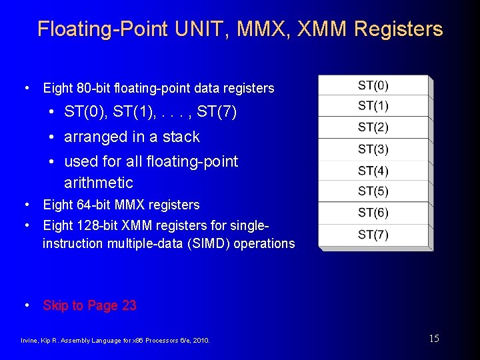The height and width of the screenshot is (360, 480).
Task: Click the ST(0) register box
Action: pos(373,85)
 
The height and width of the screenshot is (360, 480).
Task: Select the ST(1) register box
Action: pos(373,106)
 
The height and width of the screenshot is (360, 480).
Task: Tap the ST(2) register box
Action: pos(373,127)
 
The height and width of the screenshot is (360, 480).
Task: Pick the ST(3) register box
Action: pos(373,149)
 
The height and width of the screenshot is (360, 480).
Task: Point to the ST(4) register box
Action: pos(373,171)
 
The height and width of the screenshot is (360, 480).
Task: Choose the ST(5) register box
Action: pos(373,191)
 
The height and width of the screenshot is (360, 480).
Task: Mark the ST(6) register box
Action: pos(373,213)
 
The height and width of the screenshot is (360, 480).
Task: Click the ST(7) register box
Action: pos(373,235)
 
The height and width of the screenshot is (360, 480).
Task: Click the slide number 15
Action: pos(433,339)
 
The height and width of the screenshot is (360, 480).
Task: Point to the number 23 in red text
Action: pos(129,305)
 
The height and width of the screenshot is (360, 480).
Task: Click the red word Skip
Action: pos(55,305)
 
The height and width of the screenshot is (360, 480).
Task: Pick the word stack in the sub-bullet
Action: pos(181,137)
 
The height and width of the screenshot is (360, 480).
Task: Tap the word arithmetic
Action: pos(99,183)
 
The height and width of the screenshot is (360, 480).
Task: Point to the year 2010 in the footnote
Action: pos(201,341)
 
